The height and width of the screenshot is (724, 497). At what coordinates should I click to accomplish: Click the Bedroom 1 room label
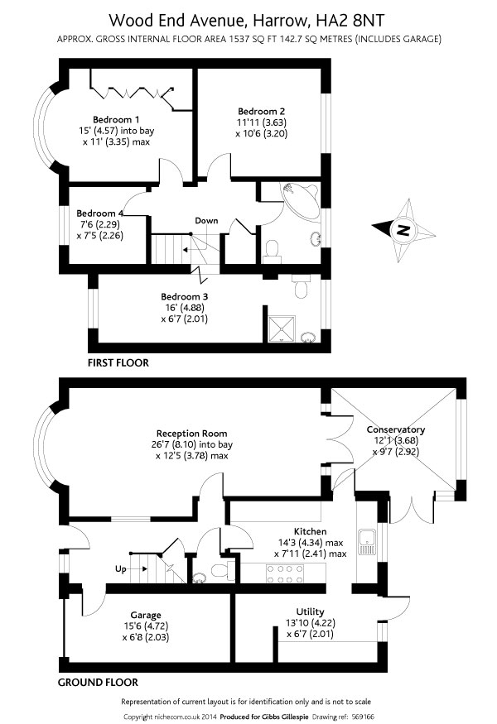[116, 117]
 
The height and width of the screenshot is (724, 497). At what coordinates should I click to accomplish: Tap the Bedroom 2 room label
[262, 111]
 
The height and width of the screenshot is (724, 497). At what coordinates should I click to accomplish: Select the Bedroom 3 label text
[184, 296]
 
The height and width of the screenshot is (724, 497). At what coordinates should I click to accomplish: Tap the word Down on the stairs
[206, 220]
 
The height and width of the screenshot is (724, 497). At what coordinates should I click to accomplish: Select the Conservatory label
[396, 429]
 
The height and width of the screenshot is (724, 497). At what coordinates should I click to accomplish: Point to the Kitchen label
[310, 531]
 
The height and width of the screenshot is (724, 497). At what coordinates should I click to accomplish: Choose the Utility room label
[309, 611]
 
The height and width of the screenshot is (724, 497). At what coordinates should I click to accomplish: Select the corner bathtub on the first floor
[298, 200]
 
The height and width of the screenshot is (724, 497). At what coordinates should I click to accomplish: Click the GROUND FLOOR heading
[98, 683]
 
